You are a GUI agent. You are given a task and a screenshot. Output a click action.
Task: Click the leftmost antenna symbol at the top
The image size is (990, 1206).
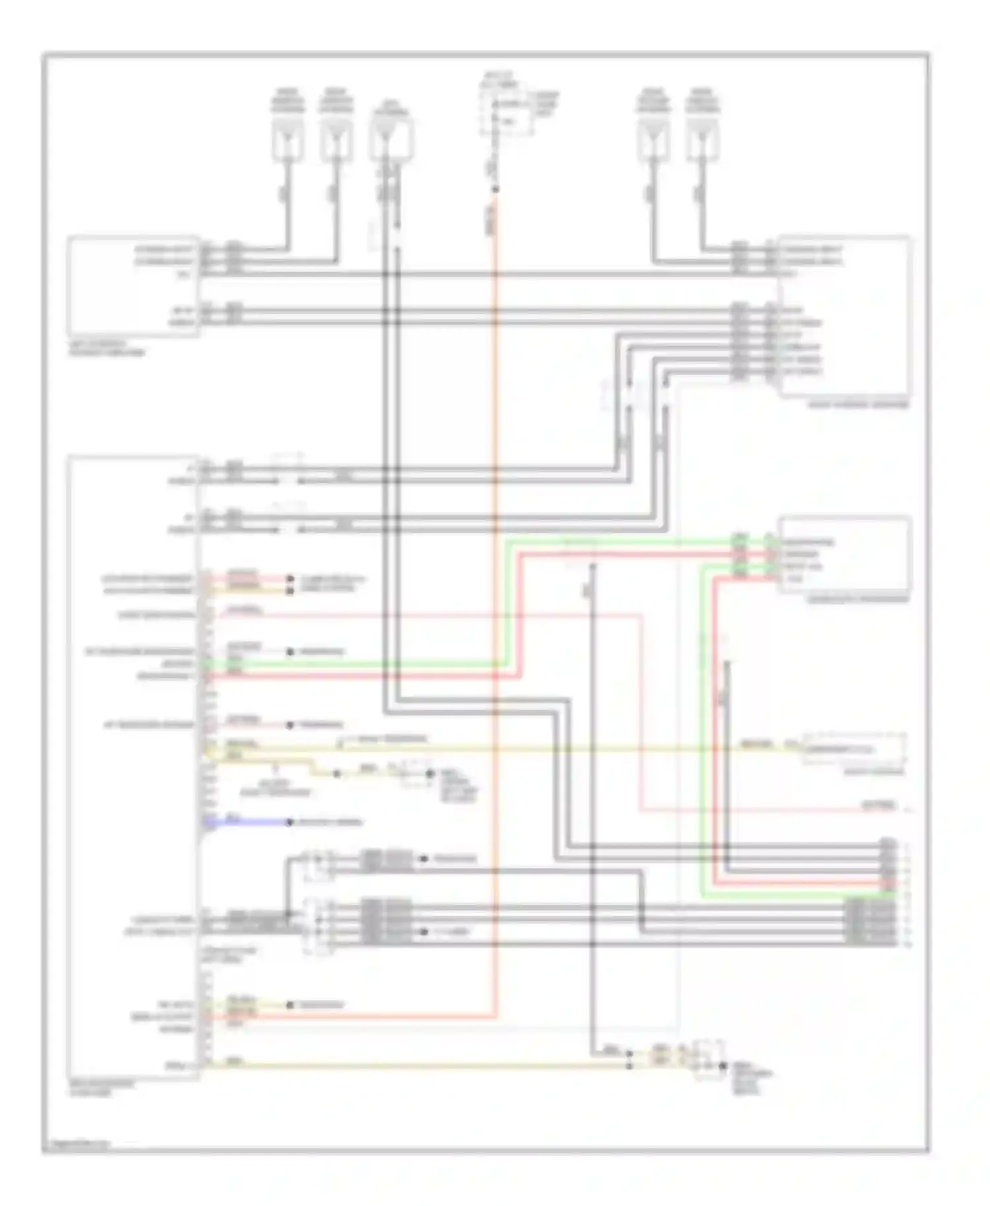pos(288,138)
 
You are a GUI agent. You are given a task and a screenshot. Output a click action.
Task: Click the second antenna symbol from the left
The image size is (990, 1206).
pos(337,138)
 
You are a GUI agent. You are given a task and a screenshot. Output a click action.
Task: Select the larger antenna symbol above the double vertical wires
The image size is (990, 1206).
pos(391,139)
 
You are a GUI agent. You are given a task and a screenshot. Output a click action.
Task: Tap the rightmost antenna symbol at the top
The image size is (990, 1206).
pos(702,138)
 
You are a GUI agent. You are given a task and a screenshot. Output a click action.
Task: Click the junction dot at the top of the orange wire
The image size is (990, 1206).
pos(495,190)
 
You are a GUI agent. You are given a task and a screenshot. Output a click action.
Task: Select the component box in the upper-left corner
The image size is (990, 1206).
pos(133,286)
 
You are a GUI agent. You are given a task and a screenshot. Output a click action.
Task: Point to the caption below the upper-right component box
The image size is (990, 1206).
pos(858,404)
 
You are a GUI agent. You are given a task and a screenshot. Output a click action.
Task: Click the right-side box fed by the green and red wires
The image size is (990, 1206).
pos(845,554)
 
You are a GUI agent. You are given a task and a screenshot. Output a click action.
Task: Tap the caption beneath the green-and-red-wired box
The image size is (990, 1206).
pos(857,599)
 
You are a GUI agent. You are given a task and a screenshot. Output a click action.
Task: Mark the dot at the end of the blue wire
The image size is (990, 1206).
pos(289,822)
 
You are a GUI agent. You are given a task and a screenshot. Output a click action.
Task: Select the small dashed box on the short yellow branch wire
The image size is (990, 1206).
pos(414,773)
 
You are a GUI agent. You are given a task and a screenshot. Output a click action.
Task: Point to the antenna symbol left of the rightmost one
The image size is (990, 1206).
pos(653,138)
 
